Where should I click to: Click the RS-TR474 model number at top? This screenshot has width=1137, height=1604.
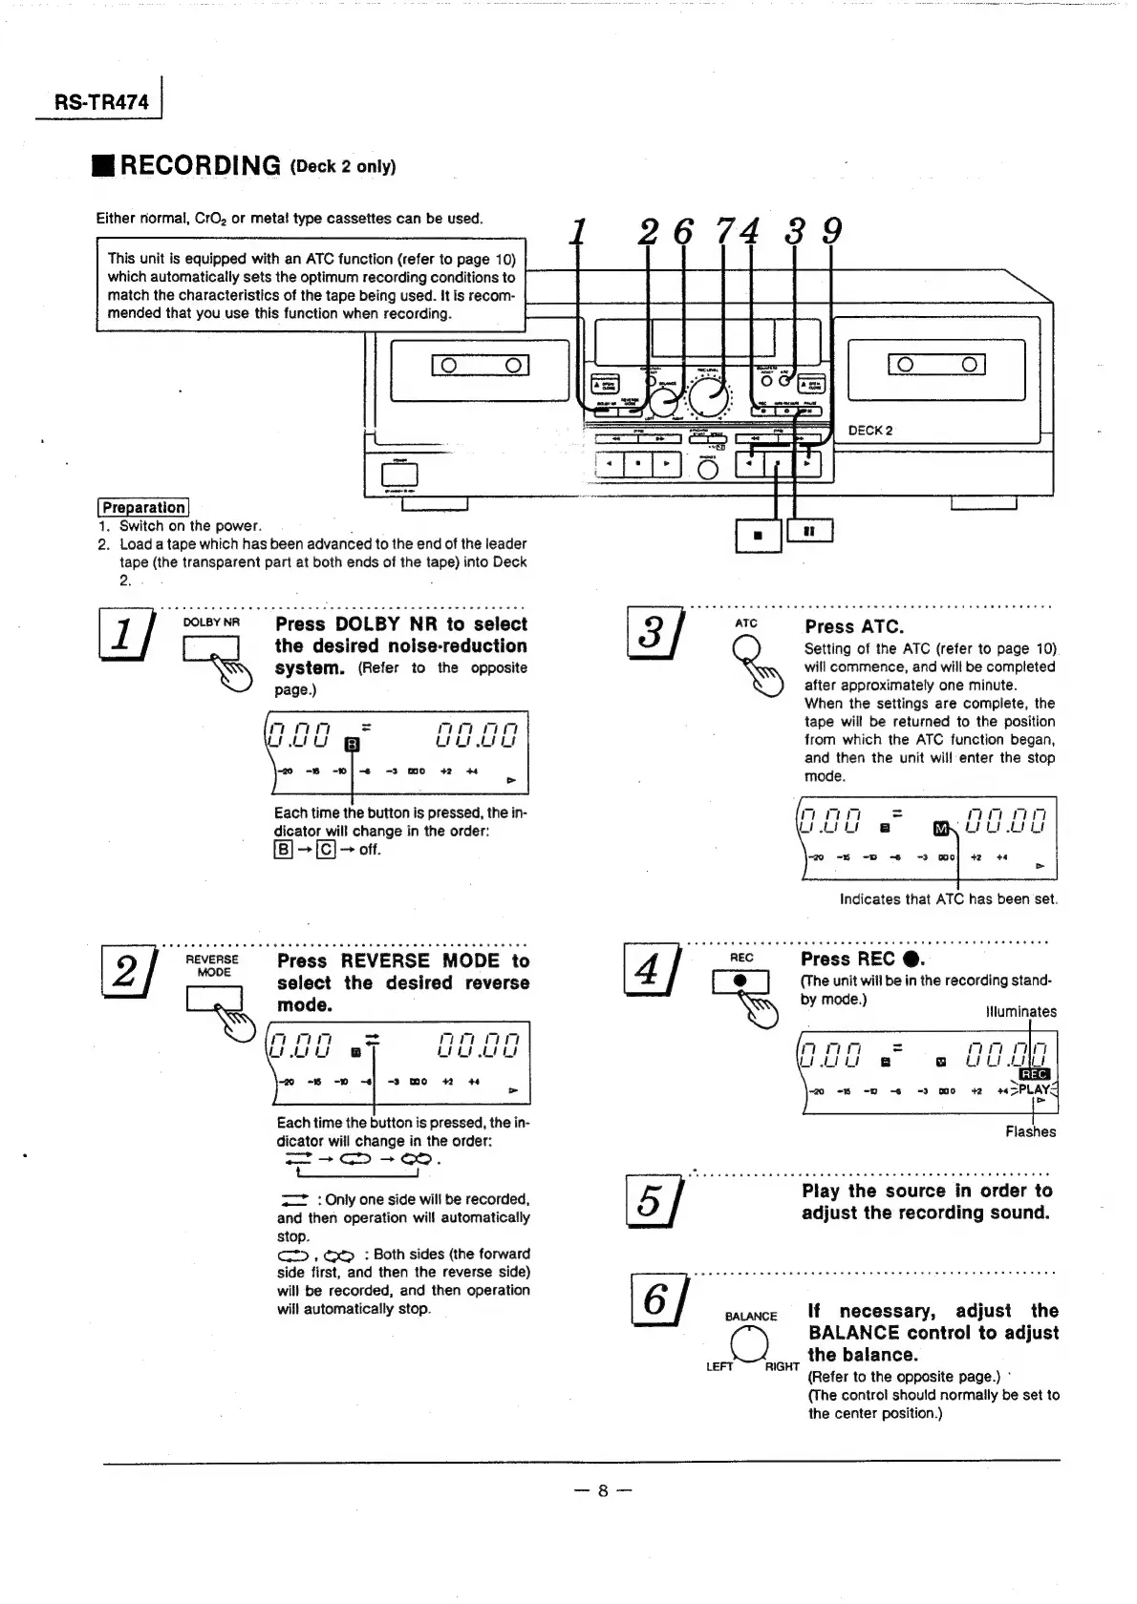(x=102, y=101)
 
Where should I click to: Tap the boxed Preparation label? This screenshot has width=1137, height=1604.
(x=143, y=507)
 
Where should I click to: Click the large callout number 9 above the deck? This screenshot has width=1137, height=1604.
(x=831, y=232)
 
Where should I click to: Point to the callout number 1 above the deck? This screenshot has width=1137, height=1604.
(x=577, y=232)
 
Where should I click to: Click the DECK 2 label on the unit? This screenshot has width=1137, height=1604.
(x=869, y=431)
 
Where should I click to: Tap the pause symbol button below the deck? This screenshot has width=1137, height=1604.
(x=808, y=532)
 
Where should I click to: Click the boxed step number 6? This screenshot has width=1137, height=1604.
(x=656, y=1300)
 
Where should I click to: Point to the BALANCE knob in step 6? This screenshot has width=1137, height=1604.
(x=750, y=1344)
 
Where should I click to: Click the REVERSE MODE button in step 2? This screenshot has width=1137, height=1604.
(x=213, y=997)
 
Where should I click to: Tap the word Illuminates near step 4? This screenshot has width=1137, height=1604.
(x=1020, y=1012)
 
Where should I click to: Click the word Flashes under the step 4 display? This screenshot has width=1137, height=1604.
(x=1030, y=1132)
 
